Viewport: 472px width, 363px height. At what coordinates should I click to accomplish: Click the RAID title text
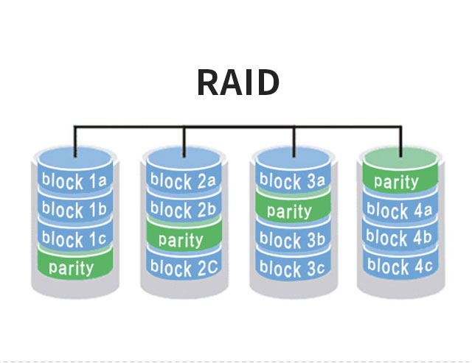point(237,82)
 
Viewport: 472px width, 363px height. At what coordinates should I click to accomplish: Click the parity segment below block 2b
point(181,239)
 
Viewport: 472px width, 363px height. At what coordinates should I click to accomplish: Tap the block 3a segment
point(291,180)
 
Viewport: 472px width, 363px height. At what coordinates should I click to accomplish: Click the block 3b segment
point(291,240)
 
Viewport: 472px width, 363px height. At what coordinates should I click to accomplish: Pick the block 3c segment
point(291,269)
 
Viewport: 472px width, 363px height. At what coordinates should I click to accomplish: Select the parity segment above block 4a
point(397,181)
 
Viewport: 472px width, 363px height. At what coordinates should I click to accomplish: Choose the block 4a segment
point(398,211)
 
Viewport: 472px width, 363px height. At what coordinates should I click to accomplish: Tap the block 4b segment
point(398,239)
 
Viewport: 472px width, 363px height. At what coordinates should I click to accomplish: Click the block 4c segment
point(398,266)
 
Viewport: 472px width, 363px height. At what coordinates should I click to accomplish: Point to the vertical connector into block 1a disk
point(74,140)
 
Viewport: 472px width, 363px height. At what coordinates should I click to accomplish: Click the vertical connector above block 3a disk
point(293,140)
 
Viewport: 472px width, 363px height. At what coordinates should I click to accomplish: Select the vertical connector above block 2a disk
point(184,140)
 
